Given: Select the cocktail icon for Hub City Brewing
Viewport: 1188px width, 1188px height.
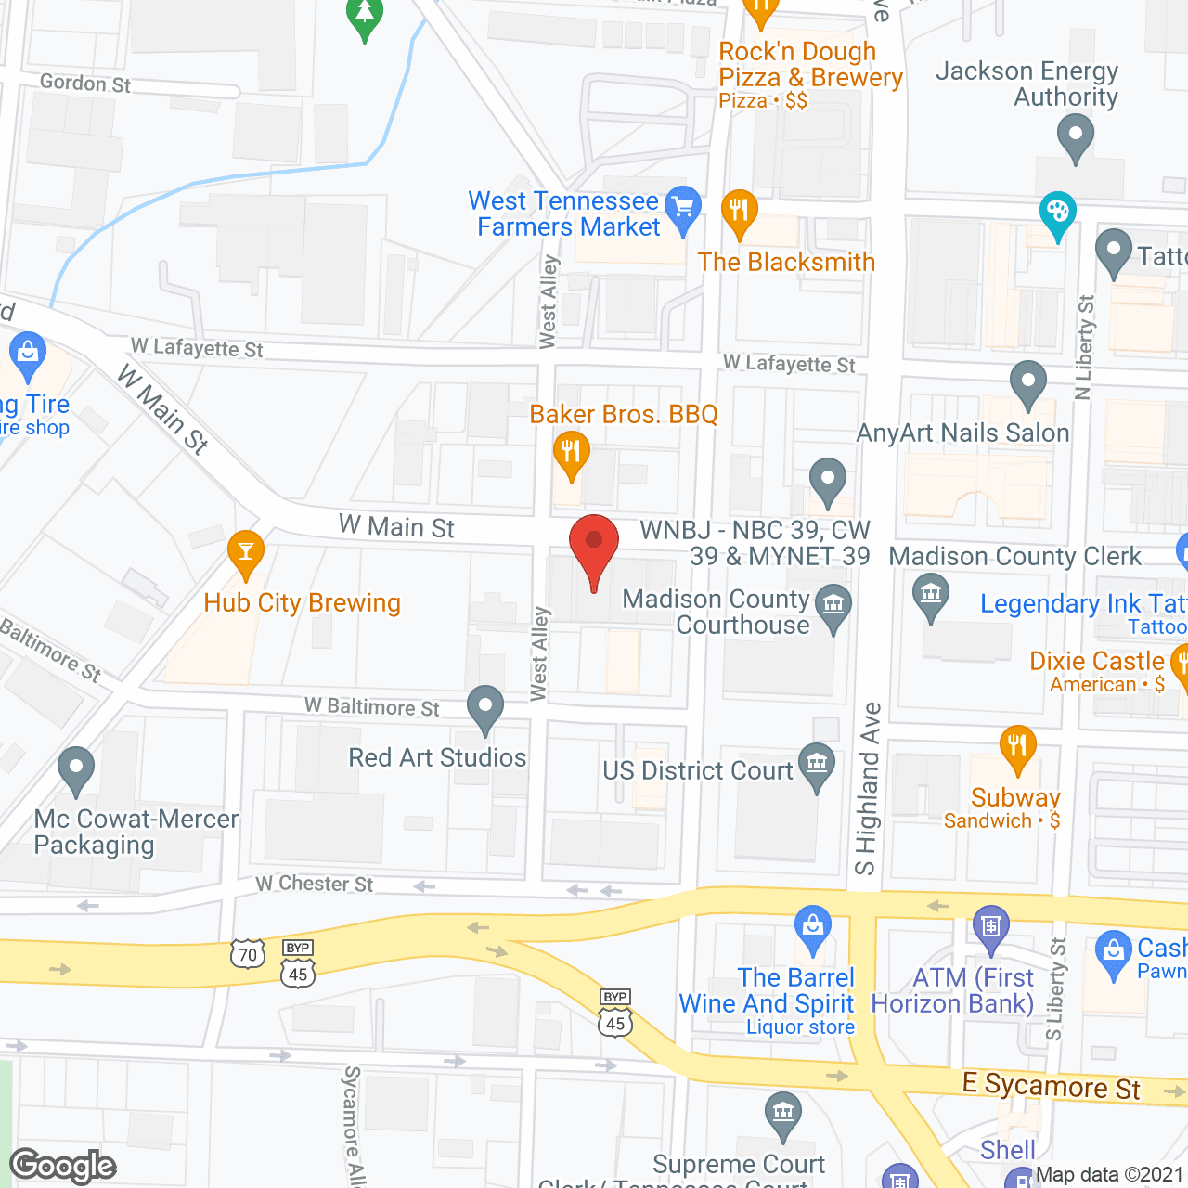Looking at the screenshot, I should tap(246, 553).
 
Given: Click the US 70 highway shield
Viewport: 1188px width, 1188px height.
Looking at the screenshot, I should tap(248, 954).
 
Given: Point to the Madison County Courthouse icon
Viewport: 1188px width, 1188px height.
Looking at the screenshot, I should tap(833, 606).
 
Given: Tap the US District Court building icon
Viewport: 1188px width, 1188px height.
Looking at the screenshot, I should tap(817, 765).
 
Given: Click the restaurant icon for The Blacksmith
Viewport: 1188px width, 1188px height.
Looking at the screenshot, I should tap(739, 212).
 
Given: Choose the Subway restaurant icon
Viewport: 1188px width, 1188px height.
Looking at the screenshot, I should tap(1017, 746).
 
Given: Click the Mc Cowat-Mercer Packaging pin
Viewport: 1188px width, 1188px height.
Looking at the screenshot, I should tap(76, 768).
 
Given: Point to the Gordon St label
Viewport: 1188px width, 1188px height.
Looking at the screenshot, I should tap(85, 84).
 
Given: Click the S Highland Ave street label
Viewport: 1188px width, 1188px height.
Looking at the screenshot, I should tap(867, 789).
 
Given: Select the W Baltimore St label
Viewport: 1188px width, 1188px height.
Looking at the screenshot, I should tap(372, 707).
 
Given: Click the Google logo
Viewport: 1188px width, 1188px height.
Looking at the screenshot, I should tap(63, 1166).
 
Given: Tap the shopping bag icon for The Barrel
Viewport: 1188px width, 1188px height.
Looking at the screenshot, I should tap(813, 926).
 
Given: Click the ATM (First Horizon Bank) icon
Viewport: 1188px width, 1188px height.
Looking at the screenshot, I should tap(991, 926).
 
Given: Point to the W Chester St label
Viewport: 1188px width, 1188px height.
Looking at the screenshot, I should tap(315, 884).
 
